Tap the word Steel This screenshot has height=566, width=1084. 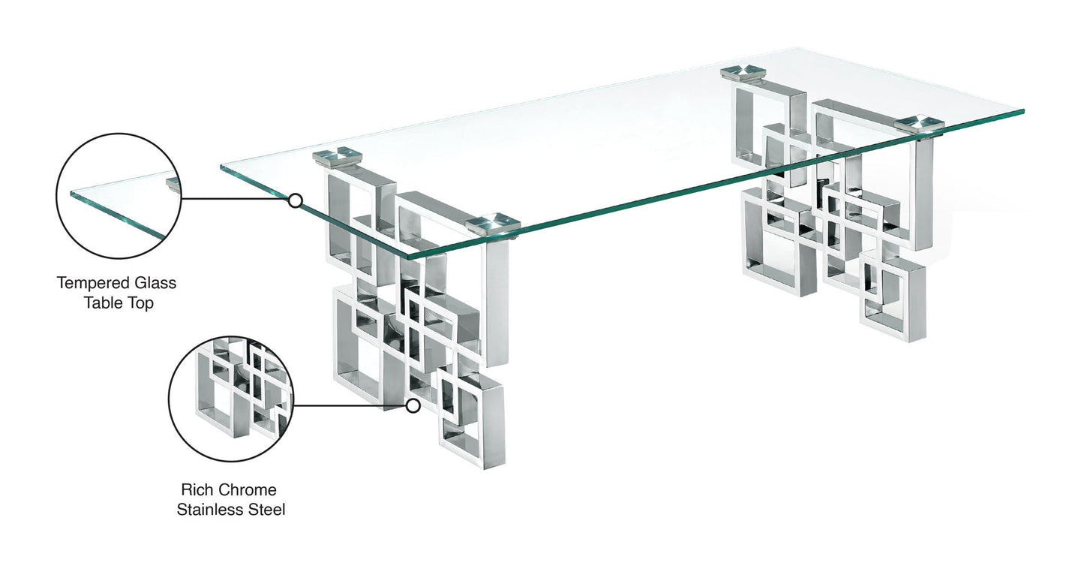click(266, 510)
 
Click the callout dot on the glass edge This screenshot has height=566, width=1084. click(296, 200)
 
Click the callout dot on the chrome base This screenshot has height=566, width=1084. click(412, 406)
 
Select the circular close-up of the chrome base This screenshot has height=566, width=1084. click(231, 399)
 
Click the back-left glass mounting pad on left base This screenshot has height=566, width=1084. click(337, 156)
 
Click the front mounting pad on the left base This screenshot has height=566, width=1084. click(492, 224)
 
